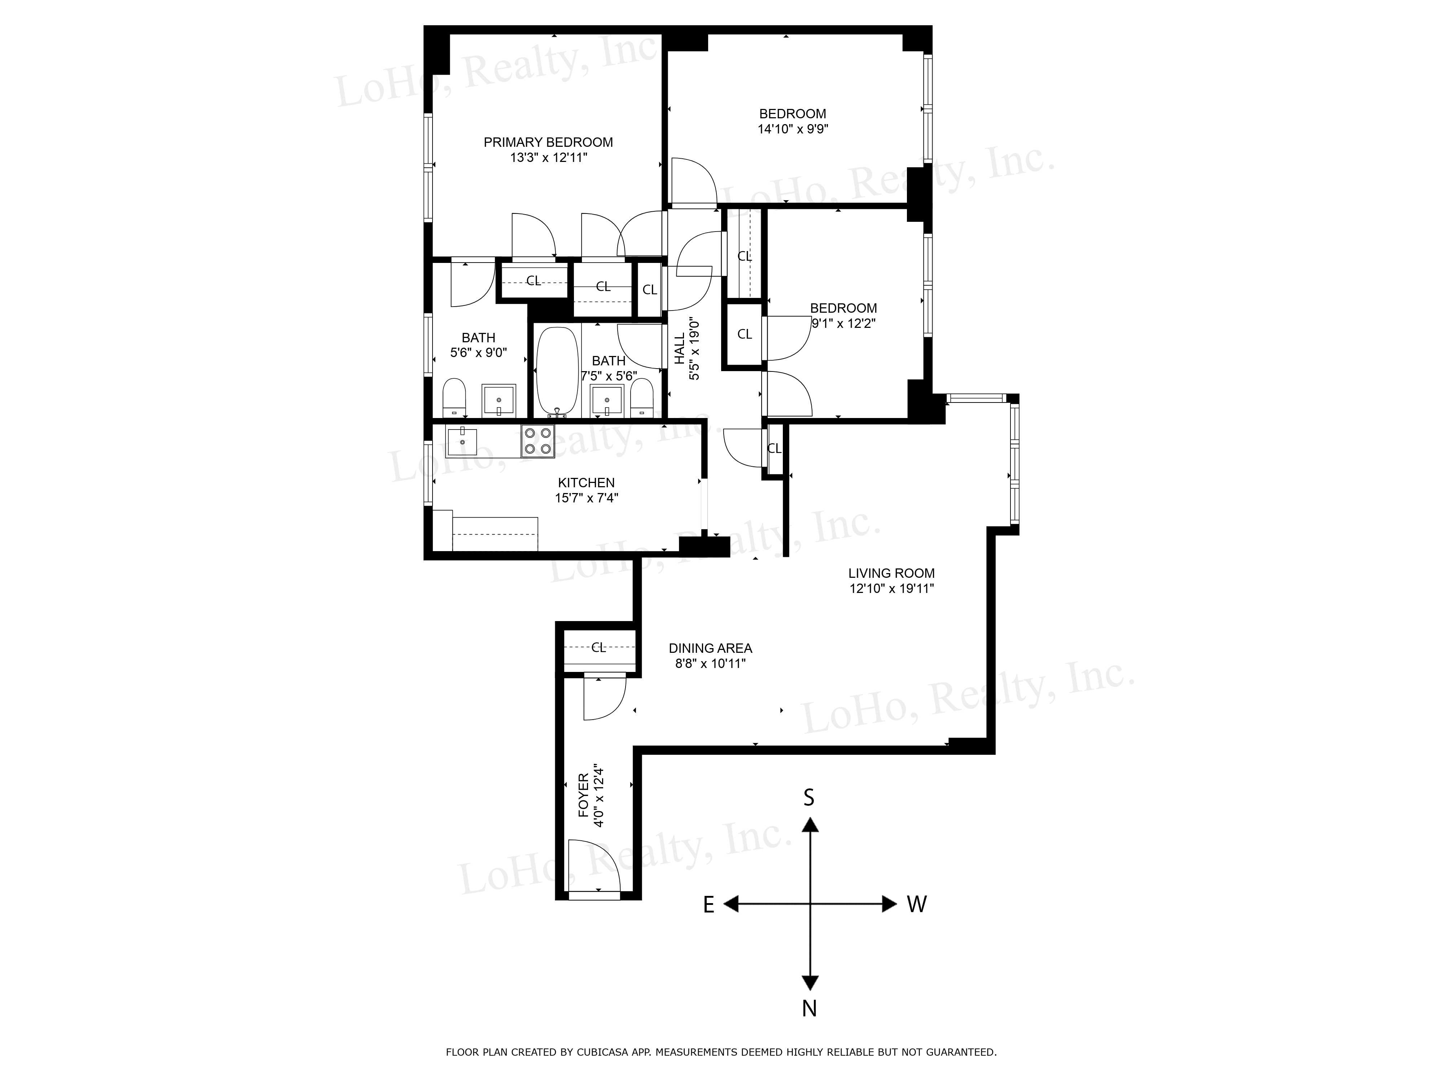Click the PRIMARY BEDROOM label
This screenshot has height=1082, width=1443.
[x=548, y=142]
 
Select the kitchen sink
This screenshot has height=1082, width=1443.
[x=462, y=441]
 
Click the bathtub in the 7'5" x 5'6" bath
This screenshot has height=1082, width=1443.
[x=557, y=371]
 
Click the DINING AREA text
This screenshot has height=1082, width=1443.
[x=710, y=648]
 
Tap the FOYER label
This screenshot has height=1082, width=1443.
[x=583, y=796]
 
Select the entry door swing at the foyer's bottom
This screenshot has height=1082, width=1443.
[x=594, y=864]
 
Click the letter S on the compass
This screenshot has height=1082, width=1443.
[x=809, y=798]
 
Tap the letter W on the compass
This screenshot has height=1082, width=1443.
[x=917, y=904]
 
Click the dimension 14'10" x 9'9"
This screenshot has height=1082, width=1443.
[x=793, y=129]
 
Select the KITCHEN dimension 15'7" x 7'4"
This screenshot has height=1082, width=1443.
[x=587, y=498]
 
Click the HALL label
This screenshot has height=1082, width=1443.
[x=680, y=349]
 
